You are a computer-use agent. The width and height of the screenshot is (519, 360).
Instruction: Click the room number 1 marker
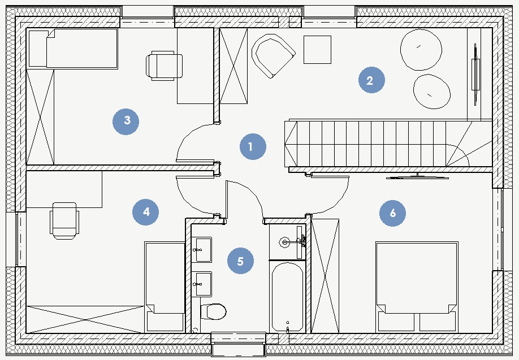click(253, 146)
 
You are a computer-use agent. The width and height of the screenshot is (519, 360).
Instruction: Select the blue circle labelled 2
click(371, 80)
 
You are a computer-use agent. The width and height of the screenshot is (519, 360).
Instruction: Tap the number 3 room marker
click(126, 122)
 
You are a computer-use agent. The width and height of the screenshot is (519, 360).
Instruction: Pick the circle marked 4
click(146, 212)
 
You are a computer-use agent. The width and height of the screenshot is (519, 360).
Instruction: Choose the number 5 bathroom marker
click(241, 261)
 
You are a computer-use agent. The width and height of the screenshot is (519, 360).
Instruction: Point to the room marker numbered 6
click(392, 213)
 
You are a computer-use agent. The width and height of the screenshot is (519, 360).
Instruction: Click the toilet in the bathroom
click(213, 311)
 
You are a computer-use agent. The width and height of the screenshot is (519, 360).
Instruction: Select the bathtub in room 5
click(287, 297)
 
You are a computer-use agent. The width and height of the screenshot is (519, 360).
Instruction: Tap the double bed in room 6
click(417, 287)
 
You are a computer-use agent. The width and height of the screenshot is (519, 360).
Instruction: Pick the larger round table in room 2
click(421, 50)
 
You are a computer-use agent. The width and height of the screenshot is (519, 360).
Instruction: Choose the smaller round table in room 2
click(431, 92)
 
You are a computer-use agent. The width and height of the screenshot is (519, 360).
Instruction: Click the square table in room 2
click(317, 50)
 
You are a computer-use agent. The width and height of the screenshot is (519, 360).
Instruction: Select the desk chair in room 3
click(164, 66)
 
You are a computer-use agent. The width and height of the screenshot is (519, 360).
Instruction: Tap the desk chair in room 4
click(64, 221)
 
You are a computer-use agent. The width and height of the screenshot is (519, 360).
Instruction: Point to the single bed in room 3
click(73, 49)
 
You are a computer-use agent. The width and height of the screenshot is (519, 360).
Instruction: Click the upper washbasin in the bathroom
click(201, 249)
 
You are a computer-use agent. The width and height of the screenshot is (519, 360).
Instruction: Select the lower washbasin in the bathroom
click(201, 284)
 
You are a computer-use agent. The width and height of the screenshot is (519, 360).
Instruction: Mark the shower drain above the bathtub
click(284, 242)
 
